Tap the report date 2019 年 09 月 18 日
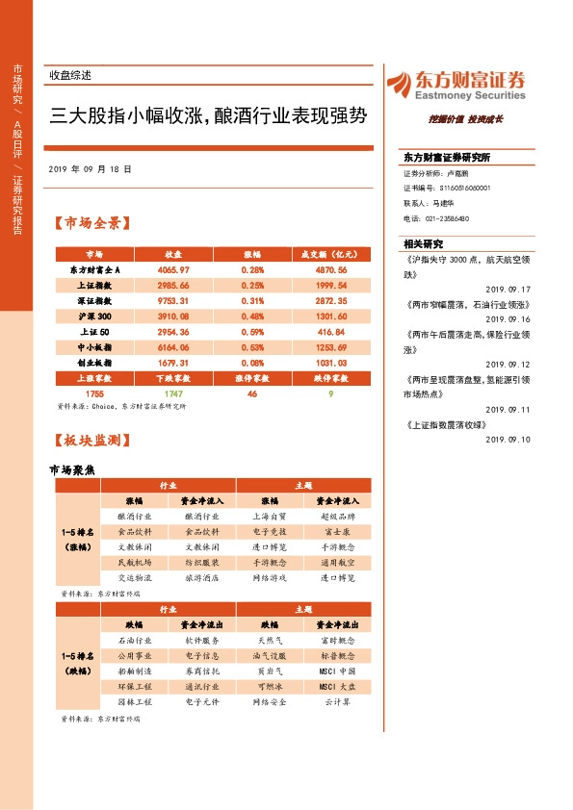pos(89,168)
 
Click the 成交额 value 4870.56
pos(330,270)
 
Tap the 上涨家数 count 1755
pos(94,393)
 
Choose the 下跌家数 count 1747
pos(173,393)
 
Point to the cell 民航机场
pos(134,562)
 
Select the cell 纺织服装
pos(202,562)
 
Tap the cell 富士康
pos(337,531)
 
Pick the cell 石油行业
pos(134,640)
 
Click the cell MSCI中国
pos(337,671)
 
